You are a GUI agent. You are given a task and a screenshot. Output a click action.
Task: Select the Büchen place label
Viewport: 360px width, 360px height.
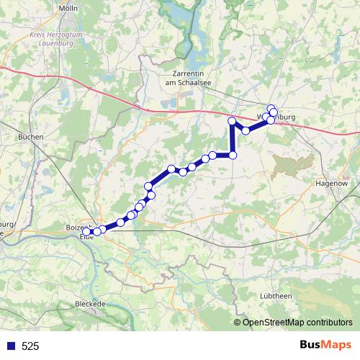(x=31, y=136)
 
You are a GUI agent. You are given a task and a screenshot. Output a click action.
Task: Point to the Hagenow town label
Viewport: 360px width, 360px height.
(x=332, y=184)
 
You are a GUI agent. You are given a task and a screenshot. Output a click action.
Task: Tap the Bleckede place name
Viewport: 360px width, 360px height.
(x=91, y=304)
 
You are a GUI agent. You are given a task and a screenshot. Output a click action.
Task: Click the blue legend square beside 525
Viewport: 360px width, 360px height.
(x=10, y=346)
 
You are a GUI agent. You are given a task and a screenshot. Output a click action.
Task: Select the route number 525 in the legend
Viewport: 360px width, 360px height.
(x=30, y=346)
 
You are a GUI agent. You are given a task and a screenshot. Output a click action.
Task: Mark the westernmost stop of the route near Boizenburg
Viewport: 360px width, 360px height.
(x=87, y=231)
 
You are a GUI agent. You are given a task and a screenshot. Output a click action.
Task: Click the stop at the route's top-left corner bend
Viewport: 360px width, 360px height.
(x=232, y=121)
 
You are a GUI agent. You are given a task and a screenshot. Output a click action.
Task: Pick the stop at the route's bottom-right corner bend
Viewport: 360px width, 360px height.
(x=233, y=155)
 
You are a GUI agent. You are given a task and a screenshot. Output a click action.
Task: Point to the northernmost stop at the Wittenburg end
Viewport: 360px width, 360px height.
(x=271, y=109)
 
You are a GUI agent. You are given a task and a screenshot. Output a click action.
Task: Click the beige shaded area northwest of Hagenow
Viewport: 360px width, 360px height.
(x=294, y=163)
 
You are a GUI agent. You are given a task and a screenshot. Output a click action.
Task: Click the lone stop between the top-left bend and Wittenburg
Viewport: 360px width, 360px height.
(x=246, y=130)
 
